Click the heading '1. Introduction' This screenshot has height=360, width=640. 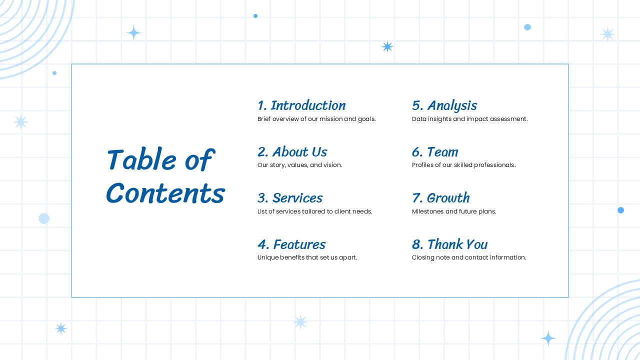301,105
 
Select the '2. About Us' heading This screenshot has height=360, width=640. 292,151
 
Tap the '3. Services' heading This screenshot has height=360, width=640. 290,198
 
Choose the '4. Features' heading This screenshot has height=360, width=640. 291,244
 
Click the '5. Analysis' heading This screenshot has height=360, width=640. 444,105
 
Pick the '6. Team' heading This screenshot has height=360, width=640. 435,151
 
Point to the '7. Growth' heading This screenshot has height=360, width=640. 440,198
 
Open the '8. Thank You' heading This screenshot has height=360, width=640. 449,244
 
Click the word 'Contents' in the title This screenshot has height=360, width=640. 165,193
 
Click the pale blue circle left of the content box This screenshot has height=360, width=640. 44,218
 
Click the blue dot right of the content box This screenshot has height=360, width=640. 620,210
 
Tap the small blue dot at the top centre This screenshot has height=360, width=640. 255,16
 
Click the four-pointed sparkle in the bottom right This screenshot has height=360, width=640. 548,338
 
